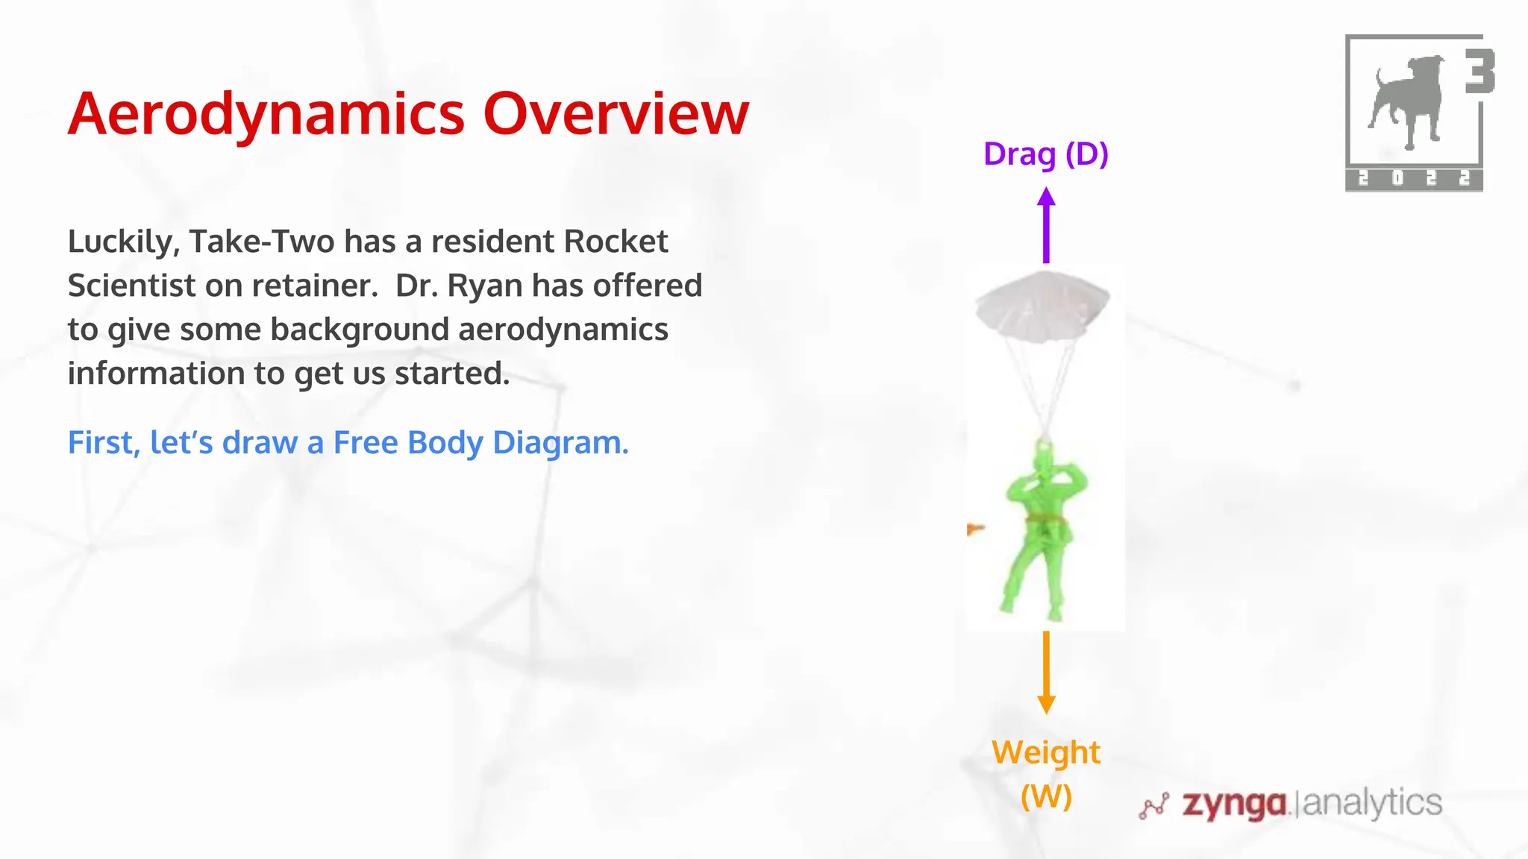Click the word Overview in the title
pyautogui.click(x=616, y=114)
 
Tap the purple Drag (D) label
pyautogui.click(x=1045, y=154)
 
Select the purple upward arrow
pyautogui.click(x=1046, y=225)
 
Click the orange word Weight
pyautogui.click(x=1045, y=752)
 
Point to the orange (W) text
pyautogui.click(x=1046, y=796)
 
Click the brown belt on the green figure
pyautogui.click(x=1046, y=519)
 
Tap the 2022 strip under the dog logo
pyautogui.click(x=1413, y=179)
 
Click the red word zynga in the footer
pyautogui.click(x=1234, y=805)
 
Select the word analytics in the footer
pyautogui.click(x=1371, y=803)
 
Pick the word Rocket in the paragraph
pyautogui.click(x=616, y=242)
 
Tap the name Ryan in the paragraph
pyautogui.click(x=486, y=286)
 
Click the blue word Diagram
pyautogui.click(x=560, y=443)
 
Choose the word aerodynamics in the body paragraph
pyautogui.click(x=563, y=330)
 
